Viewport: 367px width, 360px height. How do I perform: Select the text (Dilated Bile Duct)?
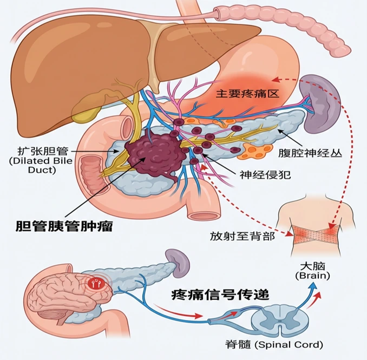37,165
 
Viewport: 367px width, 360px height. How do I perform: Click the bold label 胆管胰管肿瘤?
63,226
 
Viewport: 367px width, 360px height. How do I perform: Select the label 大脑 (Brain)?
312,271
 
